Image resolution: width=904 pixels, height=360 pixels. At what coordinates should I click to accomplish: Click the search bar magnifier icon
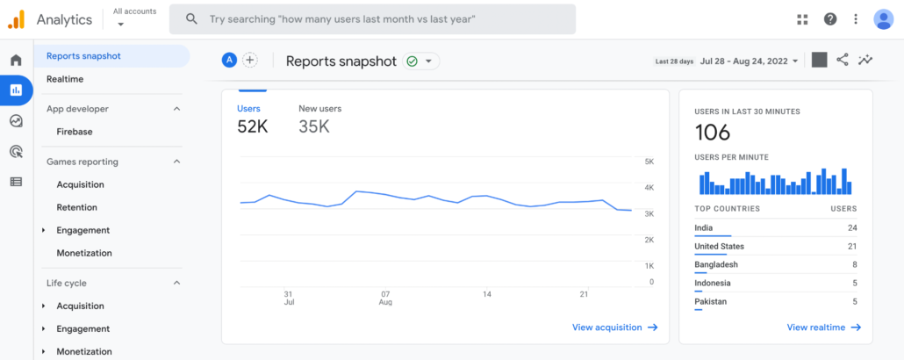pos(191,18)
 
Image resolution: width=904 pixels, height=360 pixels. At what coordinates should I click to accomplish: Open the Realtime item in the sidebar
pos(65,79)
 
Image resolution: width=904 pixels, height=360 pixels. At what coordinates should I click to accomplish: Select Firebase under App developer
pos(75,132)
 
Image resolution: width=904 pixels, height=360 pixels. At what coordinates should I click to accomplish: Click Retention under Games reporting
pos(77,207)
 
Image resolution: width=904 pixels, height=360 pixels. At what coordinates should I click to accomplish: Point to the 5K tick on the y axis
pos(649,162)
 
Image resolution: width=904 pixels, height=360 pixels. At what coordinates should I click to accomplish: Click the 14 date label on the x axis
pos(486,294)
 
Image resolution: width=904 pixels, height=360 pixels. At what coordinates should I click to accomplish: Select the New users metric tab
pos(319,109)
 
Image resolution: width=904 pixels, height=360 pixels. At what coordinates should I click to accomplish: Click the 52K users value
pos(253,126)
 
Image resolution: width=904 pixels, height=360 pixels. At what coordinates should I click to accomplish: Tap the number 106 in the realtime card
pos(713,133)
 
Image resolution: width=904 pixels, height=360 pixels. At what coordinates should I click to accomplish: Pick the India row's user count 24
pos(851,227)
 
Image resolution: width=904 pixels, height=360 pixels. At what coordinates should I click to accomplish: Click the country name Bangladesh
pos(716,264)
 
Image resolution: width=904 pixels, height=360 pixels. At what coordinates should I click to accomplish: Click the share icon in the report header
pos(843,60)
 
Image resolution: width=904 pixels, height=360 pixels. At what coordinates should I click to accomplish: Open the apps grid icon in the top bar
pos(802,19)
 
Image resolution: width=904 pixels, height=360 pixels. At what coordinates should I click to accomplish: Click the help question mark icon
pos(829,19)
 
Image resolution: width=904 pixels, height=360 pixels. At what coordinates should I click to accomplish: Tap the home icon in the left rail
pos(16,61)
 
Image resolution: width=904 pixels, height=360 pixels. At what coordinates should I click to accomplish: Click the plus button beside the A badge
pos(250,60)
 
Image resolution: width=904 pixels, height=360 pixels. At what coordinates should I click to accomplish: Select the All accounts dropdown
pos(135,18)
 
